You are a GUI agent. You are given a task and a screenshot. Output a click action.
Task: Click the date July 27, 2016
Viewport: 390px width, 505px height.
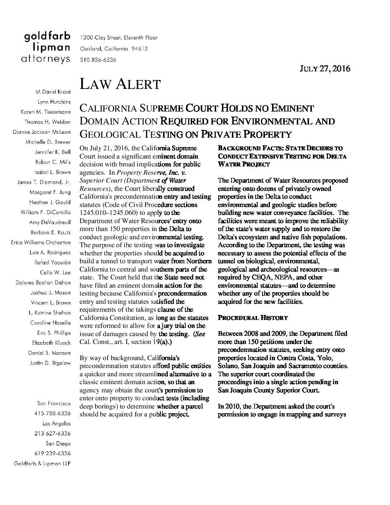[325, 69]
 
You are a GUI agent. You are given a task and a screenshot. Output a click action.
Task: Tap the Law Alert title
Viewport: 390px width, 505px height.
[120, 85]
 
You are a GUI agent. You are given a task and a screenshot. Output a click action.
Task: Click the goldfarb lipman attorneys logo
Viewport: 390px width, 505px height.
[47, 48]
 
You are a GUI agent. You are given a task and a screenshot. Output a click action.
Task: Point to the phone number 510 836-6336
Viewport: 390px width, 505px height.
[98, 60]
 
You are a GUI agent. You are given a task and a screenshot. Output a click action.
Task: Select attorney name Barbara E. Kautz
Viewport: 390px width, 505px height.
[50, 232]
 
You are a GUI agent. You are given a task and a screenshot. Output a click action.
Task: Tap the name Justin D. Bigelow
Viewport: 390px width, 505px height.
[50, 363]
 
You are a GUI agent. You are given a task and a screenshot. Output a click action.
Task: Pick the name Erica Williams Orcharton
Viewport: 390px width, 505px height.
[41, 242]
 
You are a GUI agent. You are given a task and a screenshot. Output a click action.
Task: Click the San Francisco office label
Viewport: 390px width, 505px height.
[54, 403]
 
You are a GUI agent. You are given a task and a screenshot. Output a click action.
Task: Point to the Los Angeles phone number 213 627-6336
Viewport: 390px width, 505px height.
[52, 433]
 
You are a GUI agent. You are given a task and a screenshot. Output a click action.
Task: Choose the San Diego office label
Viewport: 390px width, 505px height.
[58, 443]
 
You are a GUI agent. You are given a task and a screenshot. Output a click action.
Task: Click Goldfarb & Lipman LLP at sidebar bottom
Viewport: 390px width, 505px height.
[42, 463]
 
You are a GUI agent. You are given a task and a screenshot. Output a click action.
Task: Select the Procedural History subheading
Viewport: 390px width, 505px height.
[253, 318]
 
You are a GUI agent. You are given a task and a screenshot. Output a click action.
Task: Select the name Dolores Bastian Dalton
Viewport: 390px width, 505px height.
[43, 283]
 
